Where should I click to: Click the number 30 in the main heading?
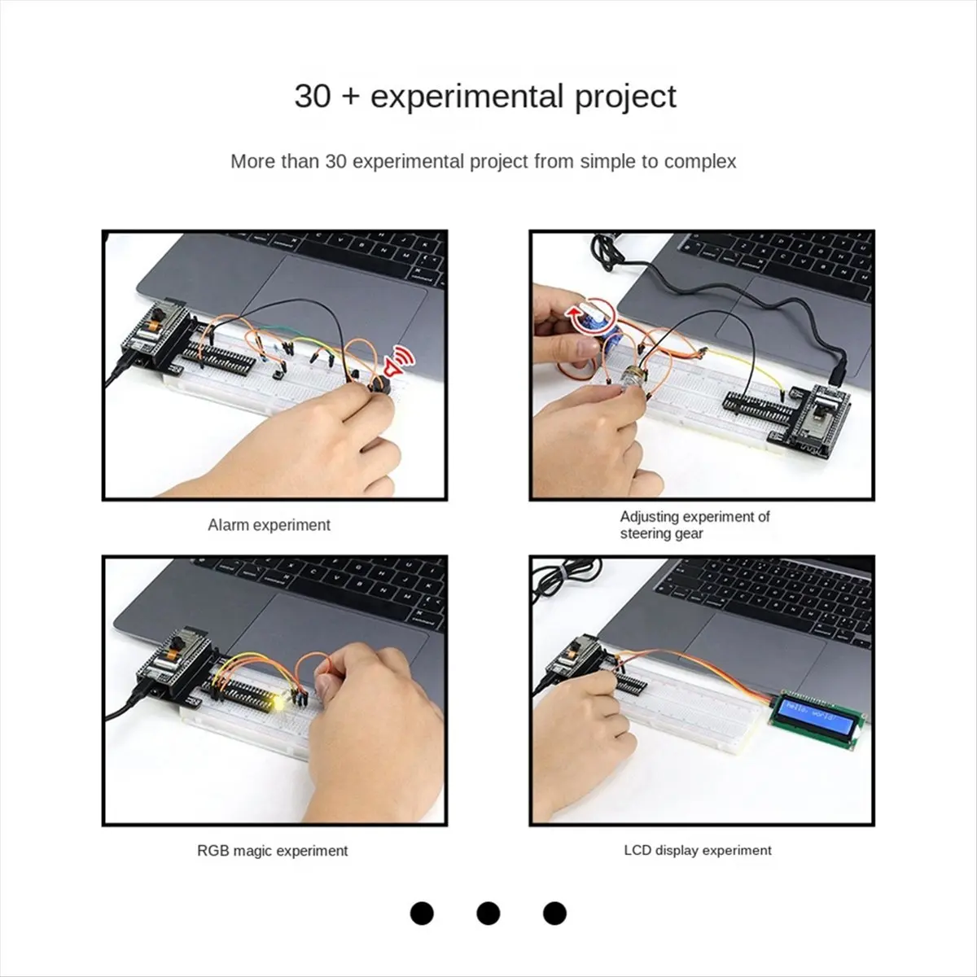pos(313,96)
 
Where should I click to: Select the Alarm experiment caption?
pos(269,525)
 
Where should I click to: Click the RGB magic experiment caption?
pos(272,850)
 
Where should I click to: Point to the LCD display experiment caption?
pos(698,850)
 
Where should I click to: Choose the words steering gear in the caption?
pos(661,534)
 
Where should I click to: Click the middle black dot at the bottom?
pos(488,913)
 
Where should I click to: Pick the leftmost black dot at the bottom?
pos(422,913)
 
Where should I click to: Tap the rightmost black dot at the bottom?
pos(554,913)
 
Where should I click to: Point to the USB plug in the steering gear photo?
pos(837,371)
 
